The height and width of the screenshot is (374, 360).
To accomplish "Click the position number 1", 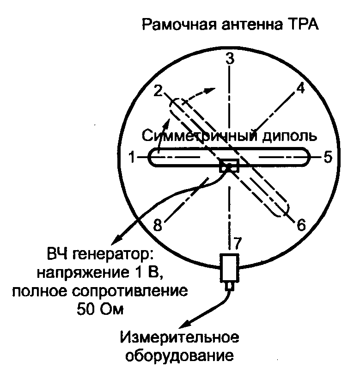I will click(132, 158).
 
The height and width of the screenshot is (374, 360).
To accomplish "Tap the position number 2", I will click(159, 92).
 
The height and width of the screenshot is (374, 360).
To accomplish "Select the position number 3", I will click(230, 59).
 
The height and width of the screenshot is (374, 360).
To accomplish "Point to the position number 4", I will click(300, 89).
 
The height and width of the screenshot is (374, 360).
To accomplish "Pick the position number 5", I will click(327, 158).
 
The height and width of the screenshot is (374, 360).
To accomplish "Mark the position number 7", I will click(238, 243).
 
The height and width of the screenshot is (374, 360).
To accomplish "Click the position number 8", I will click(158, 226).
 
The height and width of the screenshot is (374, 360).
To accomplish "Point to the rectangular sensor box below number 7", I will click(229, 268).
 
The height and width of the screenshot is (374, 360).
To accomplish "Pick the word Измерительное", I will click(180, 339).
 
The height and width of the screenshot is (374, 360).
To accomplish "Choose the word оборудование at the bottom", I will click(180, 356).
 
